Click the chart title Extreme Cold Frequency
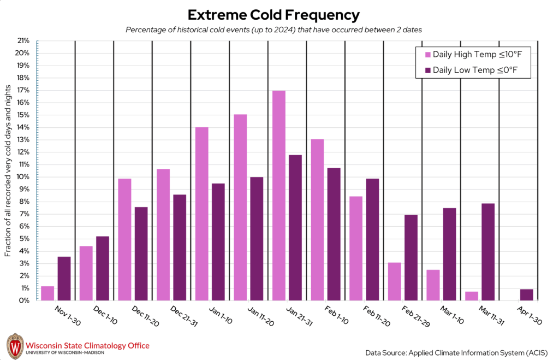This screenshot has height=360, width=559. [273, 14]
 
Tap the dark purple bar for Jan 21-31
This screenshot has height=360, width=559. [295, 228]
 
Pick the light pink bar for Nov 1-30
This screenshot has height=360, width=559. [47, 293]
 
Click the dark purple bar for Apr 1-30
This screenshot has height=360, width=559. [527, 295]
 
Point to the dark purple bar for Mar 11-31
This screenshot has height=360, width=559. [488, 252]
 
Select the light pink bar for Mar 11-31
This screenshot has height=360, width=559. [472, 296]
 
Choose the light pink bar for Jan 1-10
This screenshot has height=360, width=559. [202, 214]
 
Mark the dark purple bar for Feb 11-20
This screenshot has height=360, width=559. [372, 239]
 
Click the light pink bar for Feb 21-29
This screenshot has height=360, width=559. [395, 281]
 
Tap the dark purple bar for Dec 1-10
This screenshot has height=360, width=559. [103, 268]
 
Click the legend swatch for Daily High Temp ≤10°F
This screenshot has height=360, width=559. [427, 55]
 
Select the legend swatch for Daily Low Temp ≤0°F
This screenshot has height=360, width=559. [427, 70]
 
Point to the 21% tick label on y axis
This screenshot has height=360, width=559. [22, 41]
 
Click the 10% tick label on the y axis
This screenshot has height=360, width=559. [22, 177]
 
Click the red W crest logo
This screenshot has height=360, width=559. [15, 346]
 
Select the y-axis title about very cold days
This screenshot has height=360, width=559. [8, 170]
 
